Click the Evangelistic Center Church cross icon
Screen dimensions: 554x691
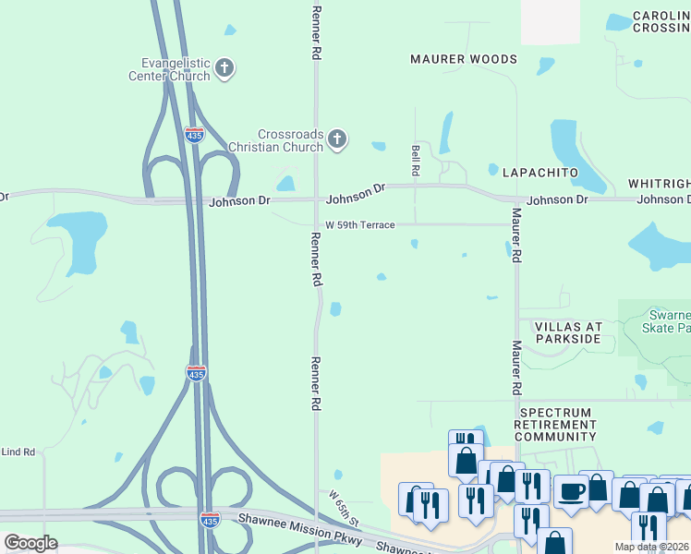pyautogui.click(x=224, y=68)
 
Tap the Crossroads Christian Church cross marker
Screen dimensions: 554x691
pyautogui.click(x=337, y=139)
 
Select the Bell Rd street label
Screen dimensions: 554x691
pyautogui.click(x=416, y=160)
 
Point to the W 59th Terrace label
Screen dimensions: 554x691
pyautogui.click(x=359, y=225)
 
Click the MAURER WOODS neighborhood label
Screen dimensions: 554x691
pyautogui.click(x=464, y=59)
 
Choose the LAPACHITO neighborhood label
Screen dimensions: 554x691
pyautogui.click(x=539, y=173)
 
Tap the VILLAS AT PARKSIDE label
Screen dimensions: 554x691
pyautogui.click(x=561, y=332)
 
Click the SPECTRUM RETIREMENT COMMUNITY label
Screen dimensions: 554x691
pyautogui.click(x=555, y=425)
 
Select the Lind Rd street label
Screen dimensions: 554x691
pyautogui.click(x=18, y=452)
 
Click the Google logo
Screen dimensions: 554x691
pyautogui.click(x=30, y=542)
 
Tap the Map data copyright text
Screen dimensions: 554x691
pyautogui.click(x=652, y=548)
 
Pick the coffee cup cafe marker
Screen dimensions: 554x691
pyautogui.click(x=572, y=492)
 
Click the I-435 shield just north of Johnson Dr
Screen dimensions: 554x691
pyautogui.click(x=194, y=135)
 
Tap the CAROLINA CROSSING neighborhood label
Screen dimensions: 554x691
pyautogui.click(x=661, y=22)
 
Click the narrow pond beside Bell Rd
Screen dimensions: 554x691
pyautogui.click(x=447, y=132)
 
